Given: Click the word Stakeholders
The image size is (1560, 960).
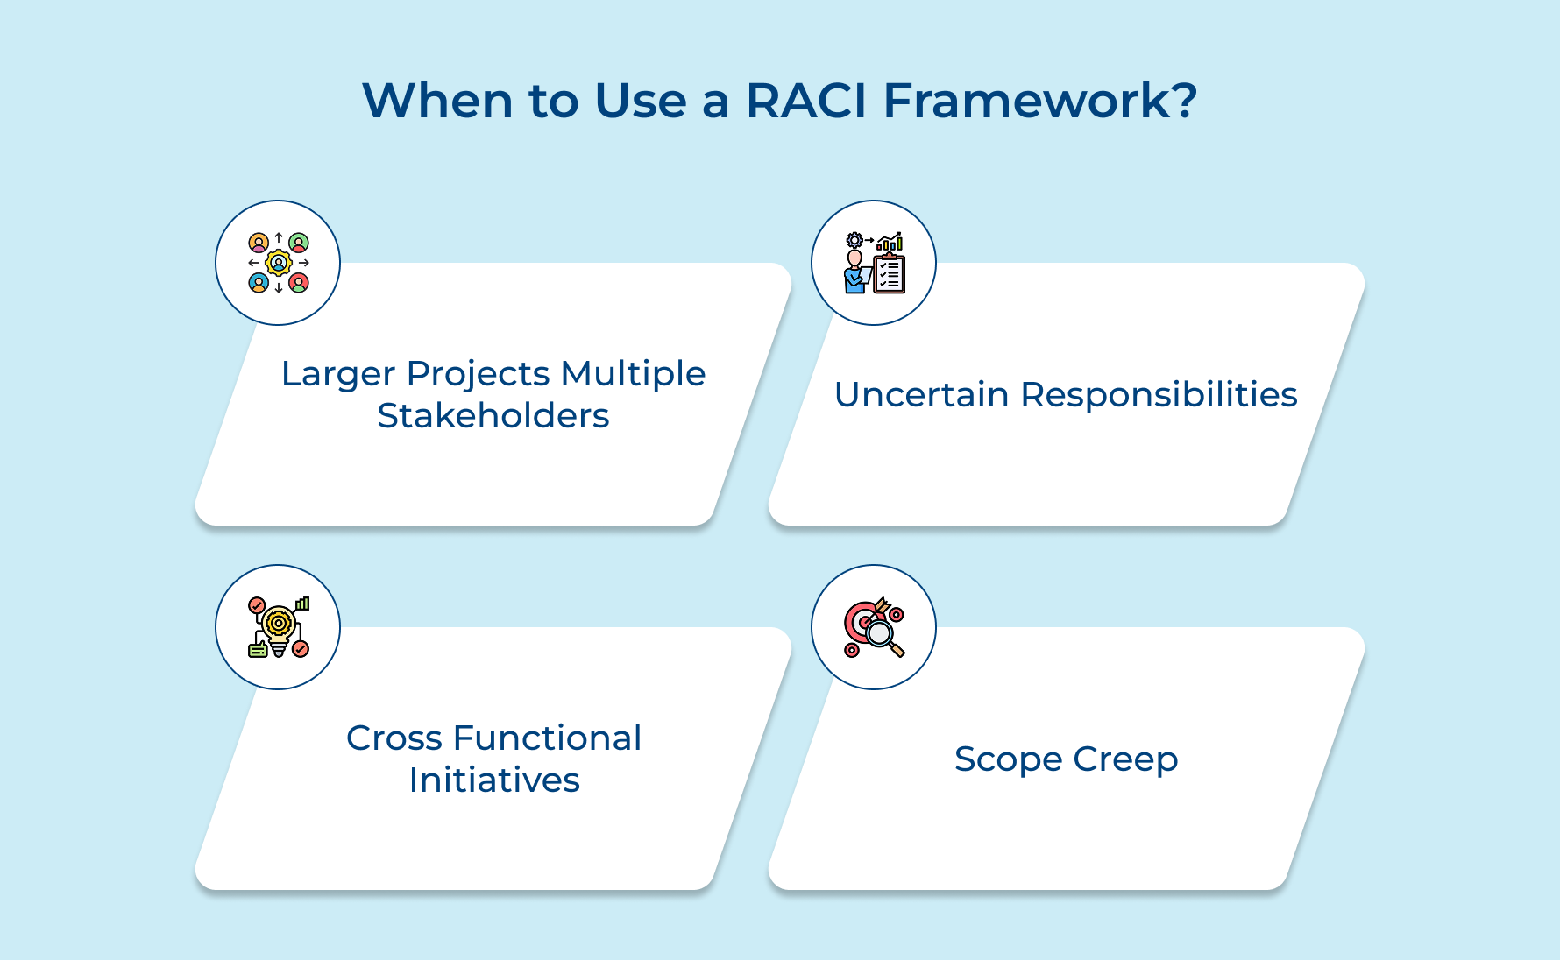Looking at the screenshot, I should (493, 416).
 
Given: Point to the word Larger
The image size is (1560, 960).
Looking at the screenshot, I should (337, 375).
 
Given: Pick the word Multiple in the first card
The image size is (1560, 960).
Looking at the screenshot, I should (633, 374).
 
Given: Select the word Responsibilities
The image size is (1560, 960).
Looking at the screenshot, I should (1159, 395).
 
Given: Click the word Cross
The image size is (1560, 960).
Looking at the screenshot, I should (394, 738).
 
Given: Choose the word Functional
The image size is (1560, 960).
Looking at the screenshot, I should (548, 738).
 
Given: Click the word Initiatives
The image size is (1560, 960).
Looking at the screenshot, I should (494, 780).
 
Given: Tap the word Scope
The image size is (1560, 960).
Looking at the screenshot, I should (1008, 759).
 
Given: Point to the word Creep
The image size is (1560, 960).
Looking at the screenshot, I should (1125, 760).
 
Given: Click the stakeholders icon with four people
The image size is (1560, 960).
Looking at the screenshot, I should (278, 263).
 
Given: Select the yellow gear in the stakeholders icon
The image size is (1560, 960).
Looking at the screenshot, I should (279, 262).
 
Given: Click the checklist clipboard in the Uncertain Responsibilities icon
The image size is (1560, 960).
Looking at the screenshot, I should (890, 274).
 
